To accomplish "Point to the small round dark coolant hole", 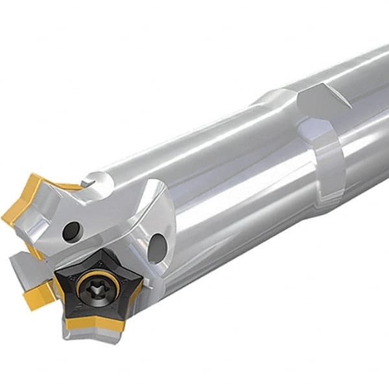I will point(71,230).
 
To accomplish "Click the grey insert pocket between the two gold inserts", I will point(23,263).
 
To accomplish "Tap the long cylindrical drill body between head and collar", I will point(214,182).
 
